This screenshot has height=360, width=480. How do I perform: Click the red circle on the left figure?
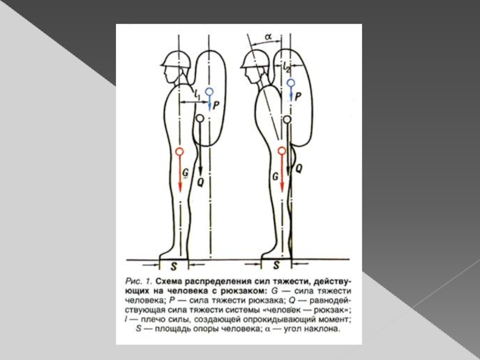coord(179,151)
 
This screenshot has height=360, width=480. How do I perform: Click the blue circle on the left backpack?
coord(209,92)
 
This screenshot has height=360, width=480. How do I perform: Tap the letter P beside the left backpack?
coord(216,106)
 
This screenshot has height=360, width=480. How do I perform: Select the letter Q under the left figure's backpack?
coord(200,182)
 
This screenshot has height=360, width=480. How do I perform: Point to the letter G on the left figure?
coord(185,173)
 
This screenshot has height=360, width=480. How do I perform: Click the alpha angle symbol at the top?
coord(268,37)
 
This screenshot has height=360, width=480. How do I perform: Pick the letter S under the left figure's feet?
coord(173,266)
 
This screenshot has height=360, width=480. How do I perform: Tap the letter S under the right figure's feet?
coord(277,265)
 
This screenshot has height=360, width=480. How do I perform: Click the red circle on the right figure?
coord(282,151)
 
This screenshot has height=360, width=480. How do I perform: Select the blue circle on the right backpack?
coord(290,83)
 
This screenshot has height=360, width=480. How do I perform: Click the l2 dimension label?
coord(287,68)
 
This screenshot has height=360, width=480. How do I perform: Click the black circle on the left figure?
coord(200,118)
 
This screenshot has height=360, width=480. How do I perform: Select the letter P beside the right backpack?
coord(297,97)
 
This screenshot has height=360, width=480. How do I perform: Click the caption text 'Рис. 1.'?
coord(139,281)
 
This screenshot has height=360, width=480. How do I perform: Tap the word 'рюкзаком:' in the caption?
coord(241,291)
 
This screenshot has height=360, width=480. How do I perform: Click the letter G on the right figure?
coord(275,176)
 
